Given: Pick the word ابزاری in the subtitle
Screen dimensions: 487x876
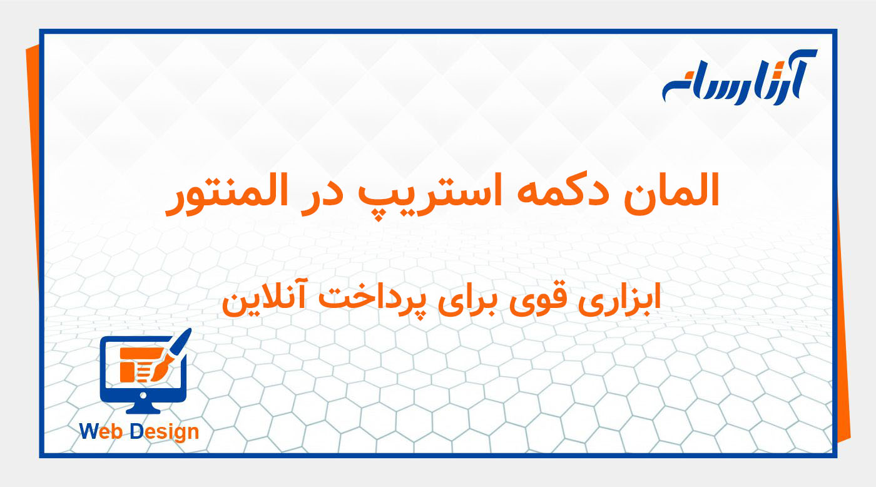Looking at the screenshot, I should coord(621,299).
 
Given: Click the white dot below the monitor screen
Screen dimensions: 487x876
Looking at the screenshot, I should coord(143,396).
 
